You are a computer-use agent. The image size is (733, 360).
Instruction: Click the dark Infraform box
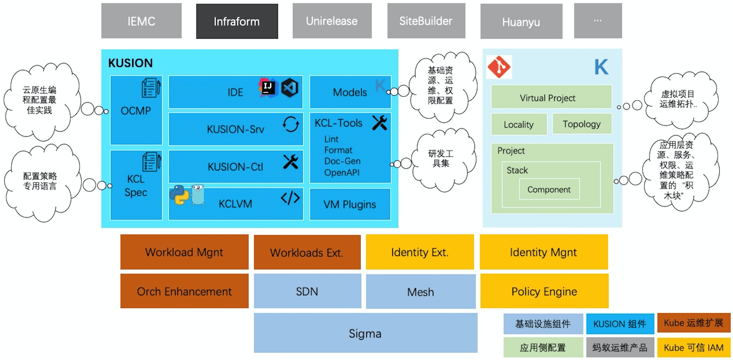pos(237,21)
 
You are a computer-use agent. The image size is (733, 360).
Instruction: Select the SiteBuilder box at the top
pos(426,21)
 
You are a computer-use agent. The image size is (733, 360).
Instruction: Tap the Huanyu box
pos(521,22)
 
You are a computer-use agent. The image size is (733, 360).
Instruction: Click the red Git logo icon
pos(499,67)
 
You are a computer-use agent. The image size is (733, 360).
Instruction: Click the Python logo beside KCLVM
pos(179,195)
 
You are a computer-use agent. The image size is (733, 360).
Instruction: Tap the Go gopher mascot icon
pos(198,195)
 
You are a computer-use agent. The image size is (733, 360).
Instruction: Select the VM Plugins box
pos(350,205)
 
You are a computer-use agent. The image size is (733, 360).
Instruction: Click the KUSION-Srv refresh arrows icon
pos(291,124)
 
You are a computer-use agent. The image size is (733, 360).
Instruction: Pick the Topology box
pos(582,124)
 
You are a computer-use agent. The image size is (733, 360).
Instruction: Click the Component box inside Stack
pos(549,189)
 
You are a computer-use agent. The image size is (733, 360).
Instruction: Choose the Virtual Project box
pos(548,98)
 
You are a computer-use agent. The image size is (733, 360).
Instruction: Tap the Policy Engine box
pos(544,291)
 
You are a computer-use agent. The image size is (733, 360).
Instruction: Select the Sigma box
pos(365,333)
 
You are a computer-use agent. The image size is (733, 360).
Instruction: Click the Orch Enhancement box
pos(184,291)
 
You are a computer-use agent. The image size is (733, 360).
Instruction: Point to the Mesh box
pos(420,292)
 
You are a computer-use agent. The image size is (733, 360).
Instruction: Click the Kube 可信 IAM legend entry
pos(694,348)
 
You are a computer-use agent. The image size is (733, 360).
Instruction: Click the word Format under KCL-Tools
pos(338,150)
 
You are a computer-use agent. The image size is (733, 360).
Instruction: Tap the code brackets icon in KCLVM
pos(290,198)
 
